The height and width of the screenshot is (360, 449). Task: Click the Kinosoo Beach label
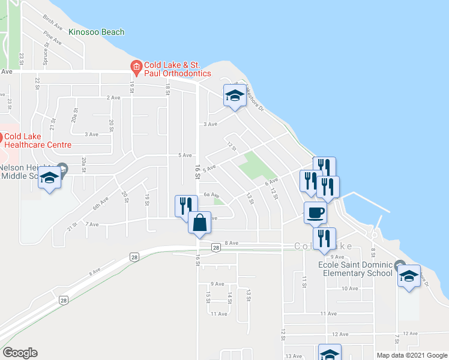point(97,32)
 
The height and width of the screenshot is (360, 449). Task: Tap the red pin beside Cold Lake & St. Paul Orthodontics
point(136,67)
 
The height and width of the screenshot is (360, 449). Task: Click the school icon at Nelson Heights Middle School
point(50,177)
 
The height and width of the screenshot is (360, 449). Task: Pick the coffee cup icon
point(315,211)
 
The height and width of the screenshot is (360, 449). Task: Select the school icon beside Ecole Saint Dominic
point(409,275)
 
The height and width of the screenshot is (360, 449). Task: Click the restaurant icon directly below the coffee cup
point(324,238)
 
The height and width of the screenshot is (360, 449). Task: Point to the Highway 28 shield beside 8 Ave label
point(215,247)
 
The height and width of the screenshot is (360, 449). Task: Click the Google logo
point(20,353)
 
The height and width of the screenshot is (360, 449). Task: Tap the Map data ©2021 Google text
point(412,355)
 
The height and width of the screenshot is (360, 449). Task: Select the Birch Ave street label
point(53,23)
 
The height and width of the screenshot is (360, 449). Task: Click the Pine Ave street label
point(53,38)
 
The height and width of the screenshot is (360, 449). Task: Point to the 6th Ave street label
point(99,203)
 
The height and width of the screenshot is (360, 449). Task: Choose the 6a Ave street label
point(209,194)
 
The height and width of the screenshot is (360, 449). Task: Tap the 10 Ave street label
point(349,288)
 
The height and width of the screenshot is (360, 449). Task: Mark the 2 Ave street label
point(113,97)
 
